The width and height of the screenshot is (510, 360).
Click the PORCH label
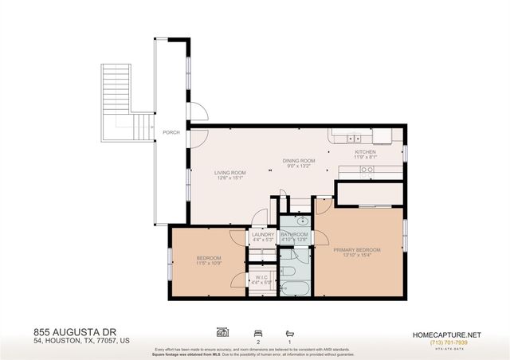pos(171,132)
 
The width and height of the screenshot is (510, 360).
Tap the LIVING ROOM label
pos(229,172)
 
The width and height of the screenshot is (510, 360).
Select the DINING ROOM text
pos(299,161)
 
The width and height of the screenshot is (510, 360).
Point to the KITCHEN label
pos(365,151)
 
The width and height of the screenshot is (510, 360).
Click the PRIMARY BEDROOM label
pos(356,249)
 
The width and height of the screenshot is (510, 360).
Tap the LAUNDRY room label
pos(262,234)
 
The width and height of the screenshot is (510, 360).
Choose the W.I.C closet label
pos(261,277)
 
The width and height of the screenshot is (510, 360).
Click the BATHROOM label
pos(294,234)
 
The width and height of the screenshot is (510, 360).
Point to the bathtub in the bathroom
pos(294,288)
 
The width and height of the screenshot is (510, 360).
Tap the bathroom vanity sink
pos(302,221)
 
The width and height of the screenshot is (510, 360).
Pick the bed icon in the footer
pos(257,332)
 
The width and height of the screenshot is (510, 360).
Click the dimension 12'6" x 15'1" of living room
pos(229,178)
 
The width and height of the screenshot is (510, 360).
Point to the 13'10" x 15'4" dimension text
pos(356,256)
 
